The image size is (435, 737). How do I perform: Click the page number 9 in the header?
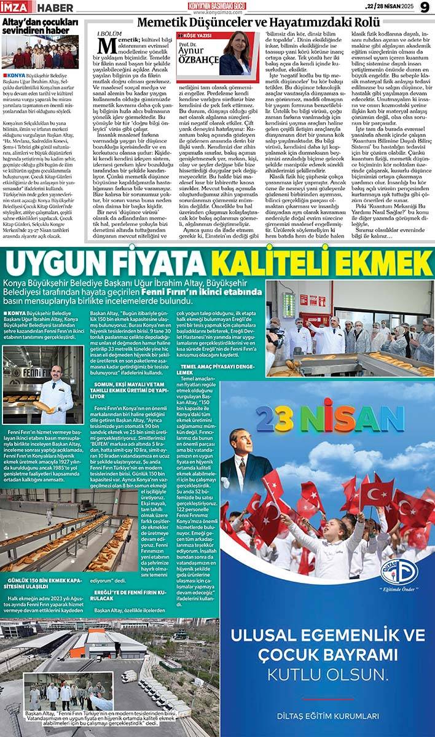click(x=425, y=7)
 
